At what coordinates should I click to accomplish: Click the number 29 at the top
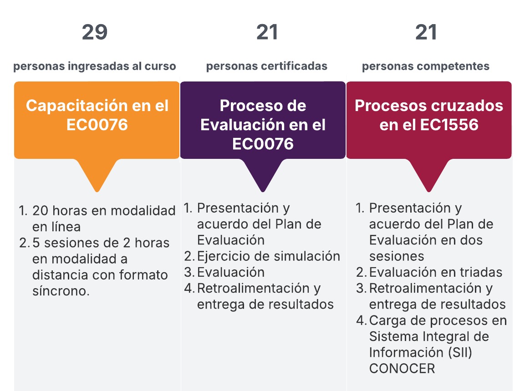pos(95,32)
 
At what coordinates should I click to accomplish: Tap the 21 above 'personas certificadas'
pos(267,32)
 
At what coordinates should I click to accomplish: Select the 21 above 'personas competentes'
pos(426,32)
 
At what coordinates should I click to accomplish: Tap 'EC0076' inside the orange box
pos(97,125)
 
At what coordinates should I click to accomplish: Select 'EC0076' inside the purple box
pos(263,144)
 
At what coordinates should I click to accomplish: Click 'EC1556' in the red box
pos(449,125)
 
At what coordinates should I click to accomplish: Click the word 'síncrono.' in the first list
pos(61,291)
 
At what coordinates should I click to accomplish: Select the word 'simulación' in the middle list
pos(302,256)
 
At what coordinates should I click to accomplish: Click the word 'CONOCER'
pos(402,368)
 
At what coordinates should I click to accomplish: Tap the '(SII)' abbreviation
pos(460,352)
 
